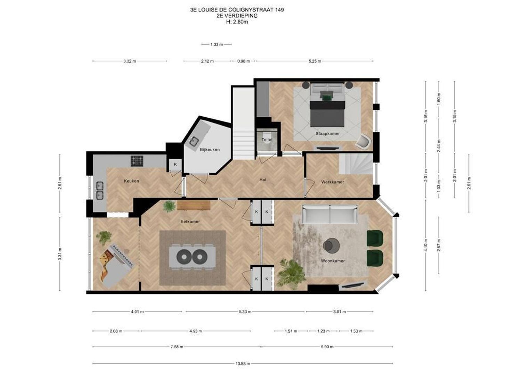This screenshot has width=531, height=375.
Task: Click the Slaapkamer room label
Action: pos(327,133)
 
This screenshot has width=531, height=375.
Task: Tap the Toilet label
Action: pos(267,140)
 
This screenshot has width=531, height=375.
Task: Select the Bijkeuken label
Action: pos(210,150)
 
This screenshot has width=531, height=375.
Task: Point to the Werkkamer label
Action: pos(332,182)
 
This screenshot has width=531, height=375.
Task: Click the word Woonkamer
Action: pos(333,261)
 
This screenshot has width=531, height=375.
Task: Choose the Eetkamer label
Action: pos(190,222)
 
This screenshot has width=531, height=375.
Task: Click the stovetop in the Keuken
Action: pos(137,160)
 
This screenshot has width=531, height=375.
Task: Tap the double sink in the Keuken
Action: pos(100,191)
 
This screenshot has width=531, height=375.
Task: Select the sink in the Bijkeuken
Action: pos(194,141)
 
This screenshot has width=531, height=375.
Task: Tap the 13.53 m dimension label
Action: pos(243,364)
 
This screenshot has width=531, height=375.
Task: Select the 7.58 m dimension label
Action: pos(177,347)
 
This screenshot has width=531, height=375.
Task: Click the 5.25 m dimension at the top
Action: pos(314,61)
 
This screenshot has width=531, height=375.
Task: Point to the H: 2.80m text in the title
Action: pos(237,22)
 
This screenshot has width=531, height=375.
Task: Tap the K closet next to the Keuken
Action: pos(175,164)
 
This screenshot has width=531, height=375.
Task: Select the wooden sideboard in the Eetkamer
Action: pos(194,206)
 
